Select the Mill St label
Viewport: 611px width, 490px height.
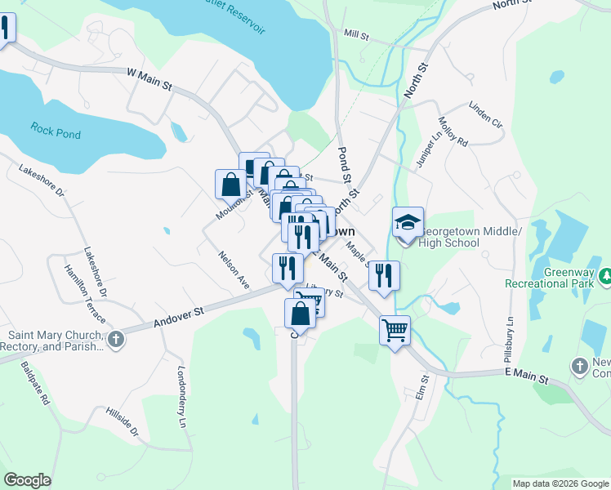(357, 36)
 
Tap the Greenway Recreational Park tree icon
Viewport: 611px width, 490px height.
(604, 277)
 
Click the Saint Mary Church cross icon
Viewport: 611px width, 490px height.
(115, 339)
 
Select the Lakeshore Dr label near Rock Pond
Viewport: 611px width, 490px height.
(40, 180)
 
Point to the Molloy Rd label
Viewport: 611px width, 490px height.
(452, 131)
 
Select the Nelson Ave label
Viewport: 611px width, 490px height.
(234, 269)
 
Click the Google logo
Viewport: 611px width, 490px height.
(27, 480)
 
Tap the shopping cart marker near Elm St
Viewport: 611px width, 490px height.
(395, 331)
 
